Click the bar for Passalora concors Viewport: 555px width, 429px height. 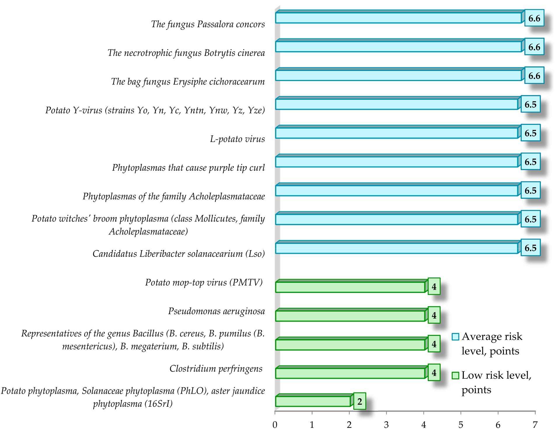point(398,18)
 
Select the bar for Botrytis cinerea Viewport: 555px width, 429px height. point(398,47)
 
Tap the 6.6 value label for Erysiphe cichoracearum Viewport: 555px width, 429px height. point(534,76)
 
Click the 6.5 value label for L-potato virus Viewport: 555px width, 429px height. point(530,133)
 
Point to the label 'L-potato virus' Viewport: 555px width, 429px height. point(237,139)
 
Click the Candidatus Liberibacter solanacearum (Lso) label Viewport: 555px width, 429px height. point(179,254)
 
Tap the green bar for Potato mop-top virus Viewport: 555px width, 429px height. point(350,287)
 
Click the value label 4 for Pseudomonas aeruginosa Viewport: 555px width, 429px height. point(434,315)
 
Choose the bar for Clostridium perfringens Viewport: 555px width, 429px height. point(350,373)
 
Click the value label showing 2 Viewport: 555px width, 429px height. point(359,401)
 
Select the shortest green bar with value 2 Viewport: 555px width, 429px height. point(313,401)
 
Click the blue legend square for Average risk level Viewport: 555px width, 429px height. point(455,337)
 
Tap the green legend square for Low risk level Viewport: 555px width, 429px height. point(455,376)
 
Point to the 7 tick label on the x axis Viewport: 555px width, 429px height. point(535,424)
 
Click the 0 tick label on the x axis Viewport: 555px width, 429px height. point(275,424)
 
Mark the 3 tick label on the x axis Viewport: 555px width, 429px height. point(386,424)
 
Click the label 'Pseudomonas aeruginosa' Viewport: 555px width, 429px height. point(216,311)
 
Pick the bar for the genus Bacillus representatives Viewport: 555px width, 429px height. point(350,345)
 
